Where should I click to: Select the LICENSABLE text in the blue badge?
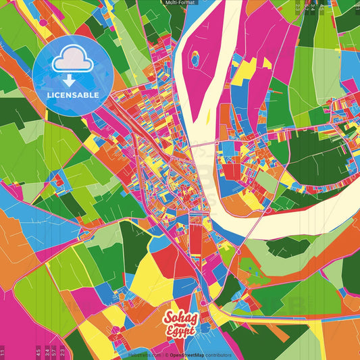[73, 95]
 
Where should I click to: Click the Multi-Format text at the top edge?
[180, 3]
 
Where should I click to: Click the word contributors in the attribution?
[219, 355]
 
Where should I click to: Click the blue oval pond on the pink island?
[195, 59]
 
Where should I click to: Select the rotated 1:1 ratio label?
[3, 352]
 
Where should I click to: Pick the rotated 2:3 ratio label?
[62, 352]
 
